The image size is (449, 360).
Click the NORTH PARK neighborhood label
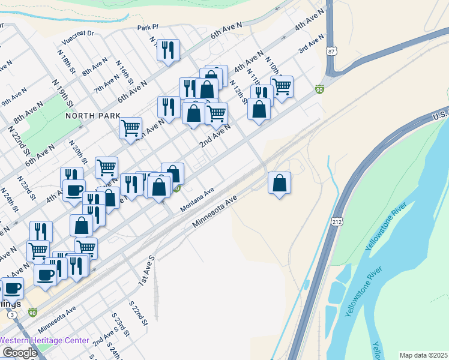[93, 115]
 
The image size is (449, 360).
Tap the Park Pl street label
[147, 28]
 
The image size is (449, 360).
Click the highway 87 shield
[332, 52]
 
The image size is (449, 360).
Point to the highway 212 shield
[336, 222]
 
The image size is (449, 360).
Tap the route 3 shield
[13, 315]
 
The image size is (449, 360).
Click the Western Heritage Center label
[44, 340]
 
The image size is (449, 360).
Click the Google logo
[20, 352]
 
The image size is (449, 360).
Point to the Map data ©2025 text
[424, 355]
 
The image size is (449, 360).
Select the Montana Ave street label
[197, 199]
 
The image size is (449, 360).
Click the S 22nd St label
[139, 314]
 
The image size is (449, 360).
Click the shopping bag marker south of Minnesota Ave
[279, 182]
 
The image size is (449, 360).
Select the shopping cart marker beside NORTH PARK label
[130, 128]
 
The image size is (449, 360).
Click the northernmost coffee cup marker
[74, 191]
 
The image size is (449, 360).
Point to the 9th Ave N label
[14, 98]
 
